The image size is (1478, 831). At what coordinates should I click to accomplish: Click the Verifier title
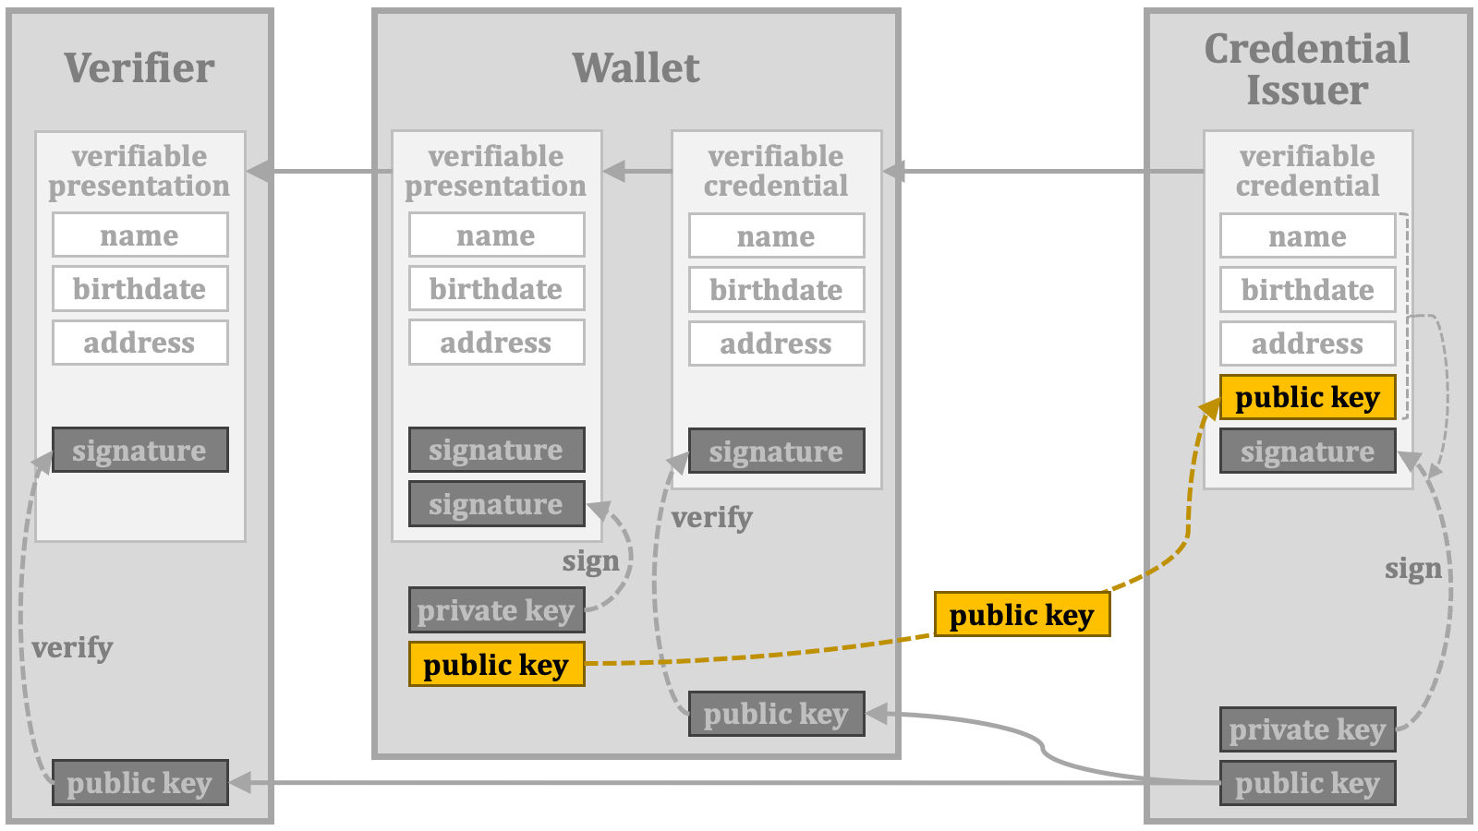139,68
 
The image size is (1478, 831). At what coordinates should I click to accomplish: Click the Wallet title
636,68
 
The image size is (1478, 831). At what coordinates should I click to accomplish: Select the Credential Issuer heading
1307,69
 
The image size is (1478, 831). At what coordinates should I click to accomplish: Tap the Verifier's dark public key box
140,782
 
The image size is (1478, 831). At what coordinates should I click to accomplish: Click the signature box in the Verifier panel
140,450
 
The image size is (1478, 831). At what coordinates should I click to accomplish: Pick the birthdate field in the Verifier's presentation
140,289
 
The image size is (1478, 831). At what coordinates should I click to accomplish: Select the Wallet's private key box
497,610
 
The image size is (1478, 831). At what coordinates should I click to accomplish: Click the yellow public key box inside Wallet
497,664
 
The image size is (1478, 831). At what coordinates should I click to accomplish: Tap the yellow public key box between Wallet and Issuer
1022,614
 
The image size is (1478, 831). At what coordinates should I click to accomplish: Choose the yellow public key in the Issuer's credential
1308,397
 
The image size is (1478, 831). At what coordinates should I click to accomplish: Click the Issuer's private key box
1308,729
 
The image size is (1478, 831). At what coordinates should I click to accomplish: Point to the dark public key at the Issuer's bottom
1308,783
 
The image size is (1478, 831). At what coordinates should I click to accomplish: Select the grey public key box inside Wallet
777,714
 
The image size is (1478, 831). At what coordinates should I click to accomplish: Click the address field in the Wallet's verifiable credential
777,343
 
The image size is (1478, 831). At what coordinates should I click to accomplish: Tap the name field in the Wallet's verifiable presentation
497,235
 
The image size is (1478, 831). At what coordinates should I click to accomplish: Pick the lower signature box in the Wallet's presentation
497,504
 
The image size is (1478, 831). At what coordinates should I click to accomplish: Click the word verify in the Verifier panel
72,647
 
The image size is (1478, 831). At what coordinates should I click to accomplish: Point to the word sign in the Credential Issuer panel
1413,569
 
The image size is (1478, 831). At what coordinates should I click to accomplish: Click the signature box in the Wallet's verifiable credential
777,452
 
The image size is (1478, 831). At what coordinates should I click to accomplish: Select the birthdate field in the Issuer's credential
1308,290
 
